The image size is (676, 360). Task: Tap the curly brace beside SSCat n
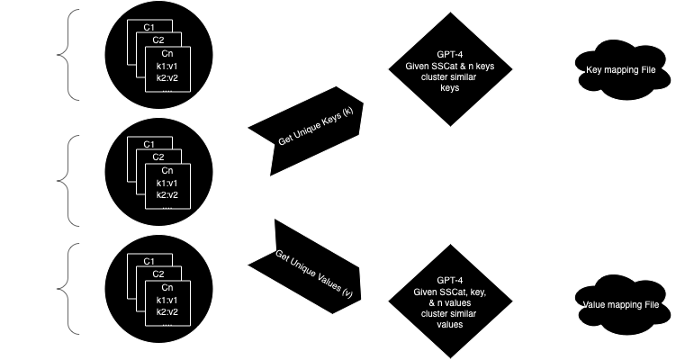click(74, 290)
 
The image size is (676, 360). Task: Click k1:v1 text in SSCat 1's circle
click(167, 67)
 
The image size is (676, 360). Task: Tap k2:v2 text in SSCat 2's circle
click(167, 194)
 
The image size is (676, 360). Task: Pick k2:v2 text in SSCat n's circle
click(167, 311)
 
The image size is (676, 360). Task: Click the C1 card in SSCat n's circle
click(148, 261)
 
